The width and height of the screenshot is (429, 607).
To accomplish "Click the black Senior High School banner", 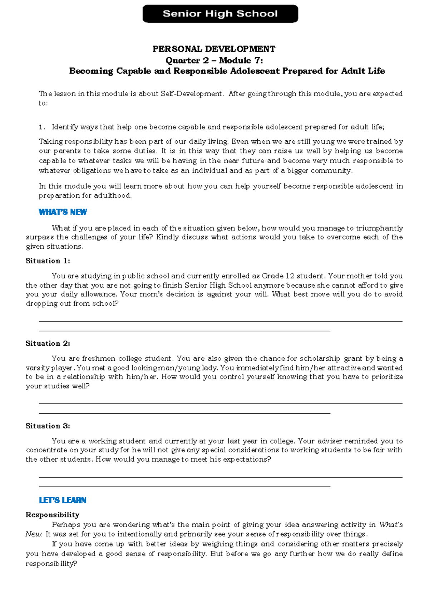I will [220, 14].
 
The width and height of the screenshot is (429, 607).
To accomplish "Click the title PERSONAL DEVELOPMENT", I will [214, 49].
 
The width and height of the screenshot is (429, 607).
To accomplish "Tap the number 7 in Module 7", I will [259, 60].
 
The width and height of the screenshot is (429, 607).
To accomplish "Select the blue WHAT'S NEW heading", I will [63, 212].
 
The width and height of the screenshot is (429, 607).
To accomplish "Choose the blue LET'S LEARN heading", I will [63, 500].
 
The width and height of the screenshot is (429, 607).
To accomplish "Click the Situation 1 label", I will [48, 261].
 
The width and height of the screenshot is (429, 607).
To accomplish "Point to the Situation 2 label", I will [48, 344].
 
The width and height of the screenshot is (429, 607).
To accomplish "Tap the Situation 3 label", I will [48, 426].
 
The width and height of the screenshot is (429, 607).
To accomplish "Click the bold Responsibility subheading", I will [53, 515].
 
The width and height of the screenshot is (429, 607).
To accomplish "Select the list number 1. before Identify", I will [42, 127].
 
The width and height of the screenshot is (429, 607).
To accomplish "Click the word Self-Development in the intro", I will [191, 94].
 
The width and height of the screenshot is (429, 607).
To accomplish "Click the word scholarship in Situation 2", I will [320, 359].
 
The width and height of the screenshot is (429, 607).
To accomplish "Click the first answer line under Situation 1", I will [220, 322].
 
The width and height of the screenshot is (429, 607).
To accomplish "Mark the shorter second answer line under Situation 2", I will [184, 413].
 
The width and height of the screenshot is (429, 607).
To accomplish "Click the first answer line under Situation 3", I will [220, 477].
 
